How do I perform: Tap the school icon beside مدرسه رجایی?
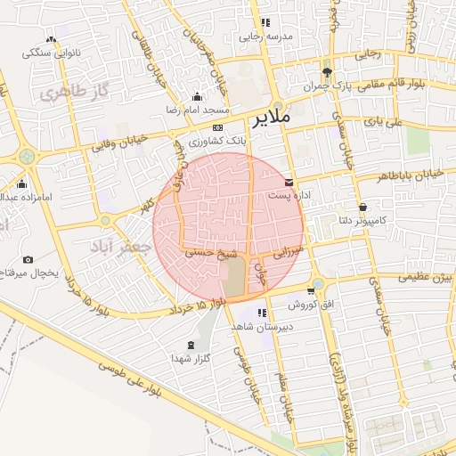coord(265,23)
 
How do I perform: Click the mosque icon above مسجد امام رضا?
coord(197,96)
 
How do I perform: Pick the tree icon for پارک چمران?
coord(328,72)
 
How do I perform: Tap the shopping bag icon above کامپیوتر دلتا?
coord(362,208)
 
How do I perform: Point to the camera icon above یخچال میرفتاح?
coord(28,259)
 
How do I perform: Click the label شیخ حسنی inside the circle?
coord(205,253)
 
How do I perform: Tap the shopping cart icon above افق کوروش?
coord(311,289)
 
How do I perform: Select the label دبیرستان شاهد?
coord(262,327)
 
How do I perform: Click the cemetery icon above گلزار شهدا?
coord(189,344)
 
